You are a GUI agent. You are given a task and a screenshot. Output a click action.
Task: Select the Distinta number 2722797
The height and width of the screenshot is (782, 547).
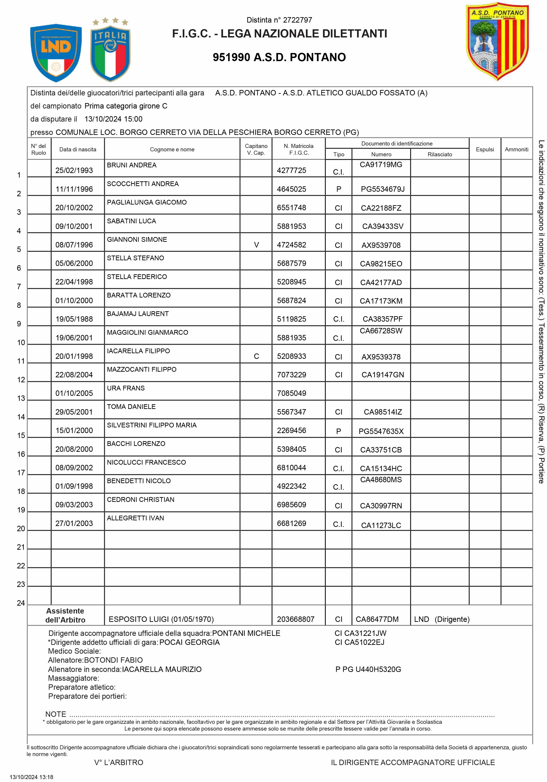pos(279,20)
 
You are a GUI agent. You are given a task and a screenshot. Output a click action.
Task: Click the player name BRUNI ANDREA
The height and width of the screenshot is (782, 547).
pos(131,165)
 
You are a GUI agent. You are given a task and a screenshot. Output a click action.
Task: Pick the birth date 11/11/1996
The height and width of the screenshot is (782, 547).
pos(74,189)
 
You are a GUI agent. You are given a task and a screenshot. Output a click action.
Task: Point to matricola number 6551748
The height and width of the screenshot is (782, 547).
pos(291,208)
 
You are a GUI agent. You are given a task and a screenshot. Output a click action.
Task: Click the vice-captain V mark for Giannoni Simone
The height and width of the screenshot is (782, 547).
pos(256,245)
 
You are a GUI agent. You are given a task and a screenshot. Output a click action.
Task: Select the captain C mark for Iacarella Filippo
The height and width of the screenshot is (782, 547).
pos(256,356)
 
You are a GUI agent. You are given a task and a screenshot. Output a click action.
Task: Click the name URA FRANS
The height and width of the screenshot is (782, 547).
pos(126,388)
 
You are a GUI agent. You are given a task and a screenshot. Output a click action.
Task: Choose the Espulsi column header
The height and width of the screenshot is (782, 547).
pos(485,149)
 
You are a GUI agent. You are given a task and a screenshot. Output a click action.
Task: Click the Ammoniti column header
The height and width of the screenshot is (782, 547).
pos(516,149)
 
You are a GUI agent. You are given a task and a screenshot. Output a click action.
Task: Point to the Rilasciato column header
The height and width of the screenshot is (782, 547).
pos(440,154)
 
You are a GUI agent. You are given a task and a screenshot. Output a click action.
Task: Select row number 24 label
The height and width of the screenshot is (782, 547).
pos(21,603)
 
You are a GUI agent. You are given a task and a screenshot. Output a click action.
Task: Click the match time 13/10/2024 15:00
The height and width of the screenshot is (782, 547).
pos(113,119)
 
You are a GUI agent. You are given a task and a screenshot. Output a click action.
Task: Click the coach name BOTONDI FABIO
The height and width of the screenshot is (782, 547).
pos(113,660)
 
